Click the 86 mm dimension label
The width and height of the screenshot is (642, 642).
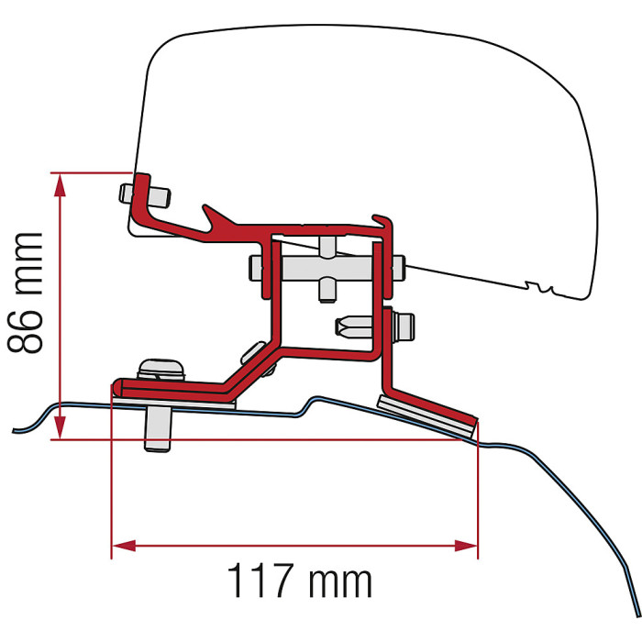(25, 293)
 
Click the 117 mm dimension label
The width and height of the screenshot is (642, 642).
(299, 580)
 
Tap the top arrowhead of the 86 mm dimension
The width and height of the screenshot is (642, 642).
(60, 185)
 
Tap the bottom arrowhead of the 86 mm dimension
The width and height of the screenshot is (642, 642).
(60, 427)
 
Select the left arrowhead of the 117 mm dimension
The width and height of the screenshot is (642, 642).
(125, 546)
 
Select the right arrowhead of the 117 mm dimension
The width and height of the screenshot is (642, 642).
(466, 546)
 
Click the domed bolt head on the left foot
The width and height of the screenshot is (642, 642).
(160, 369)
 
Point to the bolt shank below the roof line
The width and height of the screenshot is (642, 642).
(158, 430)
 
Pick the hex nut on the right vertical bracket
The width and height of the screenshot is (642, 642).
(404, 327)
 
